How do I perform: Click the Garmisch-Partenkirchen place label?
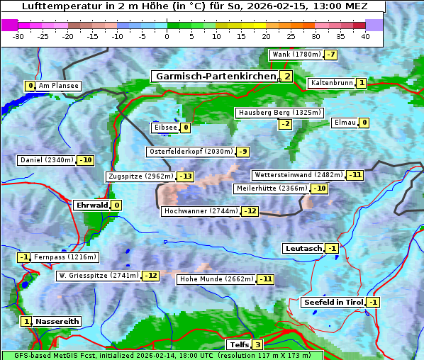[x=216, y=77]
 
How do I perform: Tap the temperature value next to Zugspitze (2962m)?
[x=185, y=176]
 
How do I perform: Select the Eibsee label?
[x=165, y=128]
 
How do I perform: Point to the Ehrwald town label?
[x=91, y=206]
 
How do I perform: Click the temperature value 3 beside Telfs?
[x=257, y=345]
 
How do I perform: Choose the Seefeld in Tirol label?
[x=333, y=303]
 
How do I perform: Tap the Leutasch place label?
[x=303, y=249]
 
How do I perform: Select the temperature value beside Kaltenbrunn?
[x=361, y=84]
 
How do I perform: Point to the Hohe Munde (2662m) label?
[x=216, y=279]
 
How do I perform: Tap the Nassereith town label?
[x=57, y=321]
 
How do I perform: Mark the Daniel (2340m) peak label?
[x=46, y=160]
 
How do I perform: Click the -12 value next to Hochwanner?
[x=250, y=211]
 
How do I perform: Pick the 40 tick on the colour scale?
[x=365, y=36]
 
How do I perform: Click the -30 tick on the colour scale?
[x=18, y=36]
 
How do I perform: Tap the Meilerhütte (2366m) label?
[x=272, y=189]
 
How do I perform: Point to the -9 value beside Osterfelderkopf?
[x=243, y=152]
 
